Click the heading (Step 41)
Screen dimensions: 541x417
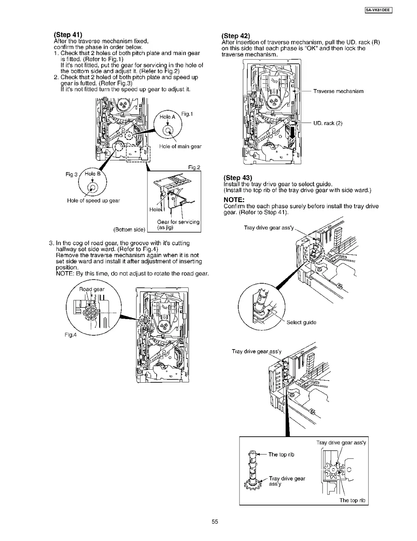68,35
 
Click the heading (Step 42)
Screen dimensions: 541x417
236,36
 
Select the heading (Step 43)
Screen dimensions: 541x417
237,178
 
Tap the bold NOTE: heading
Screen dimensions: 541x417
234,199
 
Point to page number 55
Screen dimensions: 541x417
215,522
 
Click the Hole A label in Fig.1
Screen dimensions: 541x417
167,117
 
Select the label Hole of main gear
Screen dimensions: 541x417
180,146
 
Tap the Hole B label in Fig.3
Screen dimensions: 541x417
93,174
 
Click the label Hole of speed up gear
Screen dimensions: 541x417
93,201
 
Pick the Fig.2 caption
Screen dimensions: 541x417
194,167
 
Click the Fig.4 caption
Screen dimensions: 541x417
71,335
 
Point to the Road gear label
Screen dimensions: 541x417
92,289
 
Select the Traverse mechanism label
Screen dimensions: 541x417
338,91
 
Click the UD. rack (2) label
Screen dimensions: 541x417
328,123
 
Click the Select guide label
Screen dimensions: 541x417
301,322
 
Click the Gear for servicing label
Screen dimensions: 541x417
178,222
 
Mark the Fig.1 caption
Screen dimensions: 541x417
187,114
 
